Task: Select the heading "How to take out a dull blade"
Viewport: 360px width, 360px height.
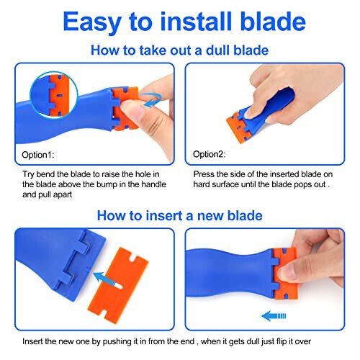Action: (180, 51)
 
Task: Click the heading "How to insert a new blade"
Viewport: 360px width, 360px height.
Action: (180, 215)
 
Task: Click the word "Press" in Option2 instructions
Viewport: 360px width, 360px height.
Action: (204, 174)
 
